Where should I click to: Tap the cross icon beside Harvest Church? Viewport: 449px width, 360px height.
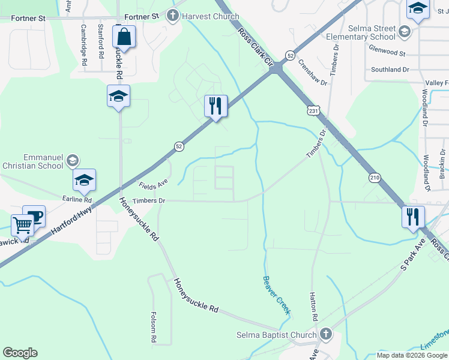(x=173, y=16)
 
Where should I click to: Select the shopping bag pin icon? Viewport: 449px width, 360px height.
(x=124, y=37)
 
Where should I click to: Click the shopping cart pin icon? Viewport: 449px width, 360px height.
(x=23, y=226)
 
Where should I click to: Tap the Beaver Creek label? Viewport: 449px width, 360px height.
(x=277, y=295)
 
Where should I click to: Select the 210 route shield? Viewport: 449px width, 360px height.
(x=375, y=178)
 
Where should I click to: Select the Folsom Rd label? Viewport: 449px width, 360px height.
(x=154, y=327)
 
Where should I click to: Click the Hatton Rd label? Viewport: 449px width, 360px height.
(x=313, y=305)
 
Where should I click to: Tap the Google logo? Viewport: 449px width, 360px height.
(x=20, y=353)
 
